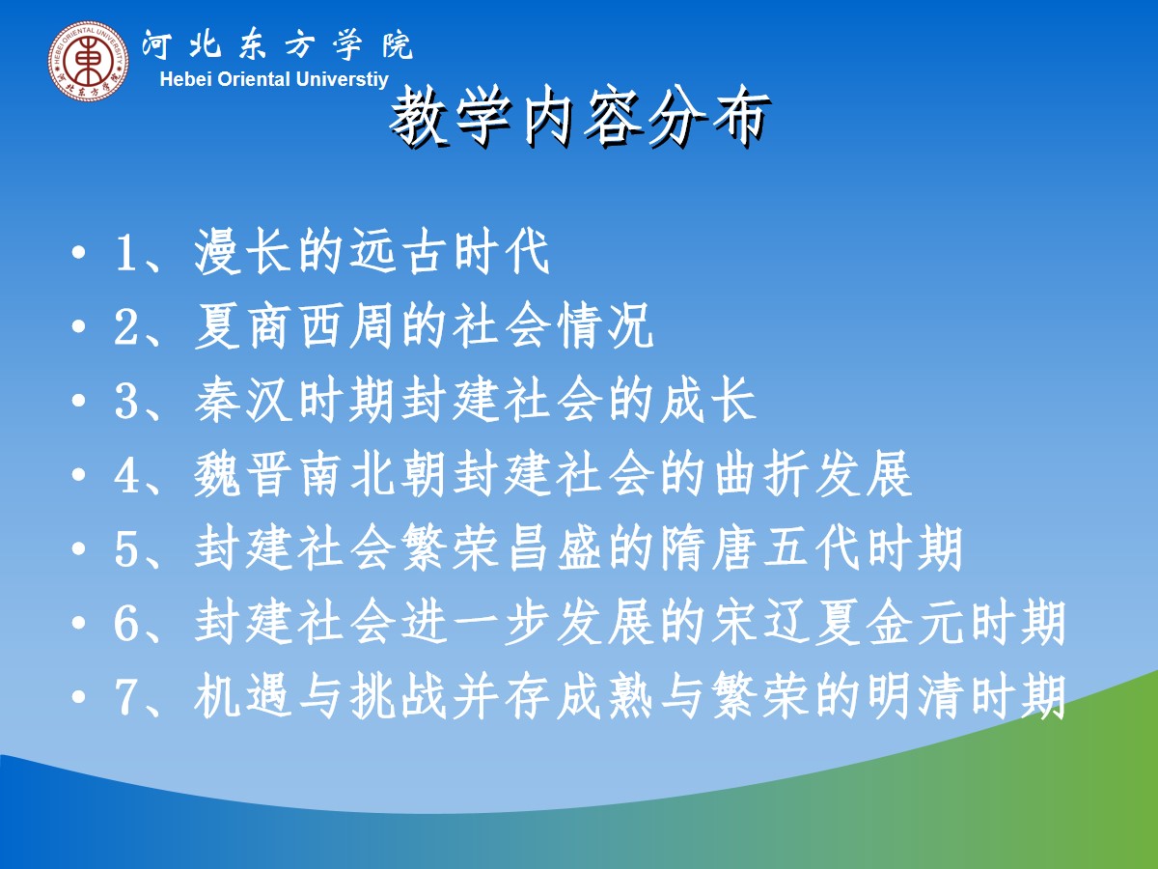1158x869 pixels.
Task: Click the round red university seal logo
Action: (89, 61)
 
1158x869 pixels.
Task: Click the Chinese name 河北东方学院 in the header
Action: (278, 45)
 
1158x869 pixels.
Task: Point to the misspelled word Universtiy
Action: (342, 80)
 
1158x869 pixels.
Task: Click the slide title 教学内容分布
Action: (579, 116)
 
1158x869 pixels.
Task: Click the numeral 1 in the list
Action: (124, 254)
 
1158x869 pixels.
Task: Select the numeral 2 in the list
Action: (125, 327)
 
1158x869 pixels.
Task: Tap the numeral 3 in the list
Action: (125, 401)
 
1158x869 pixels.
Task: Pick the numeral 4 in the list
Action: (125, 475)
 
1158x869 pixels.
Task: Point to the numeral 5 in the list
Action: (125, 548)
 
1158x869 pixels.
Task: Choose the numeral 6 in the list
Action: (125, 623)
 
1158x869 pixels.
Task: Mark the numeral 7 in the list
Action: (125, 697)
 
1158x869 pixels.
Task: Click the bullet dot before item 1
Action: (78, 252)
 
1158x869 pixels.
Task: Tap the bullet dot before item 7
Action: (78, 696)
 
